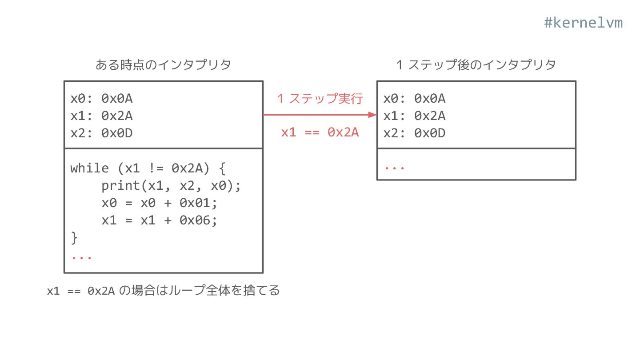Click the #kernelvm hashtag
[x=583, y=23]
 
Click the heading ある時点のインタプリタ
[x=163, y=65]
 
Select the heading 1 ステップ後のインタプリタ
[x=476, y=65]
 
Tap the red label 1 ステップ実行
[x=320, y=98]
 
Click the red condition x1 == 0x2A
[x=320, y=132]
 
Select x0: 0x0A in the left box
[x=101, y=98]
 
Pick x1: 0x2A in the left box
[x=101, y=116]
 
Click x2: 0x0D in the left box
[x=101, y=133]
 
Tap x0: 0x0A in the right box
[x=414, y=98]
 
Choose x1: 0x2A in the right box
[x=414, y=116]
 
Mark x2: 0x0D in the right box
[x=414, y=133]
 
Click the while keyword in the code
[x=89, y=168]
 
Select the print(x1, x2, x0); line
[x=171, y=185]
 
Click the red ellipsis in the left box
[x=81, y=257]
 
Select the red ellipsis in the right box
[x=394, y=168]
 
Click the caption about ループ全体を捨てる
[x=163, y=291]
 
